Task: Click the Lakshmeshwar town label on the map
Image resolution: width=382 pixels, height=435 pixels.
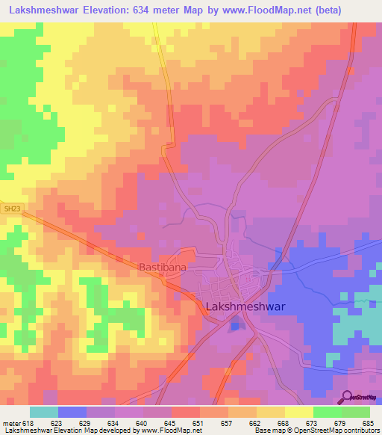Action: point(244,306)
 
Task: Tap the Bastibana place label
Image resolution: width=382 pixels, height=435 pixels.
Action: point(162,266)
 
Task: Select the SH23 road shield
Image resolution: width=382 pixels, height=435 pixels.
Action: point(9,210)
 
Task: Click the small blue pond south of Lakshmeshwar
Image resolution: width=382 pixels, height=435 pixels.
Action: point(236,323)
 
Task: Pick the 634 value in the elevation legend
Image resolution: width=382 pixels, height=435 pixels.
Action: point(114,423)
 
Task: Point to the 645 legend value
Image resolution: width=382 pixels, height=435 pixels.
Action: point(171,423)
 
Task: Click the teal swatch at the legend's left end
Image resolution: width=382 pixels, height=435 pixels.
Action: point(44,412)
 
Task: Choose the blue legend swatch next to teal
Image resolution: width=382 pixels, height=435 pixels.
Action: point(72,412)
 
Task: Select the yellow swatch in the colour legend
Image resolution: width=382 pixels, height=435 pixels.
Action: point(299,412)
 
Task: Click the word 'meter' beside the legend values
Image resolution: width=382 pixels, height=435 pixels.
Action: point(10,423)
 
